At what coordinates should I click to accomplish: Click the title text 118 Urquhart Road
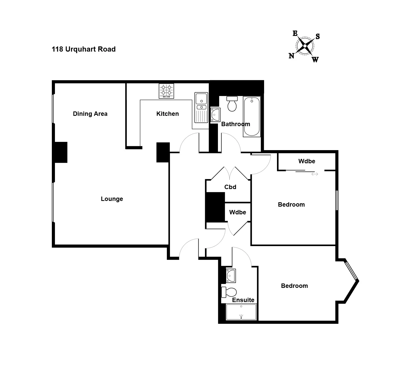(84, 49)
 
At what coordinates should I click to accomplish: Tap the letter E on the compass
(295, 33)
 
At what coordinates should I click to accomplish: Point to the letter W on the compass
(315, 60)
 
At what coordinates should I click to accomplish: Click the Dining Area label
(90, 114)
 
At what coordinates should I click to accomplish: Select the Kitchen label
(168, 114)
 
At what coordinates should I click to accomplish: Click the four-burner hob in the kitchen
(166, 91)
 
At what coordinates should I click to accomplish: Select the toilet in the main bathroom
(232, 104)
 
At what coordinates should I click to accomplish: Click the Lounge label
(112, 199)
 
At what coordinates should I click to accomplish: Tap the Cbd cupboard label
(230, 187)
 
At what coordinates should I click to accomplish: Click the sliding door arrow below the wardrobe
(315, 174)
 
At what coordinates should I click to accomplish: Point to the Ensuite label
(243, 300)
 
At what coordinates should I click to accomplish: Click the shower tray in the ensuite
(241, 312)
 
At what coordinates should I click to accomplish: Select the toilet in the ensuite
(229, 292)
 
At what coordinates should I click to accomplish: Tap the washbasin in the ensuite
(231, 275)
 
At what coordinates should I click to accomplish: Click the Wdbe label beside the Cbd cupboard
(238, 212)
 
